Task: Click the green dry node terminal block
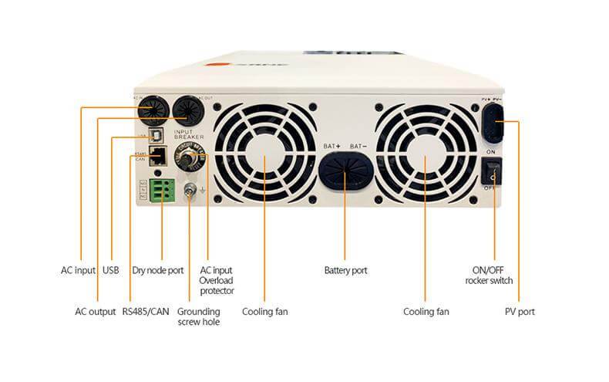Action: pos(162,189)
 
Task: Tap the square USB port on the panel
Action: pos(156,134)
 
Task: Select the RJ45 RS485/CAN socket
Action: pos(158,156)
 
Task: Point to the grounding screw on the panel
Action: pos(190,190)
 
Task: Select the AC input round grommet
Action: pos(151,112)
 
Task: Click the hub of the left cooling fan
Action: pos(264,159)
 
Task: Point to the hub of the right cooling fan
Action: pos(426,159)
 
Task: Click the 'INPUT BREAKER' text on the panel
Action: pos(189,134)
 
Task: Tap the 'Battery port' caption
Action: pos(345,271)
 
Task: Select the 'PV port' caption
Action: pos(518,312)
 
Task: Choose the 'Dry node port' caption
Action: pos(158,271)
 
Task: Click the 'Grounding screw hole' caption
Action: pos(198,316)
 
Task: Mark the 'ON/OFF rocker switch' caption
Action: pos(488,276)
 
